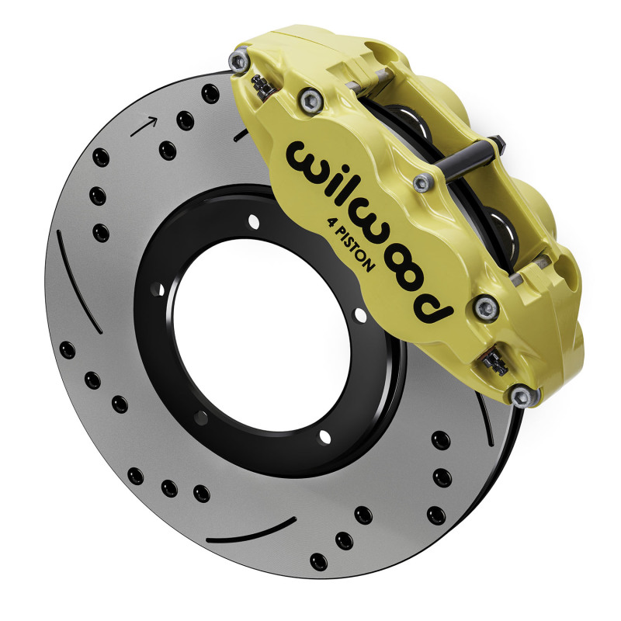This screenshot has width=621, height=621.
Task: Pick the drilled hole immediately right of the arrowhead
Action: coord(185,120)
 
